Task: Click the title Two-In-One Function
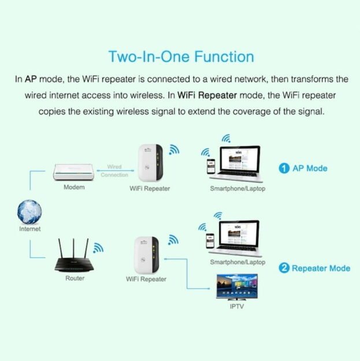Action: tap(181, 57)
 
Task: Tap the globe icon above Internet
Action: tap(29, 212)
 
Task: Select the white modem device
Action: tap(74, 172)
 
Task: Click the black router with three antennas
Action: tap(75, 259)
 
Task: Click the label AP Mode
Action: tap(310, 169)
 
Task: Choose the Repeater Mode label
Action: tap(321, 268)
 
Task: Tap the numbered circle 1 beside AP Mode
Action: tap(284, 169)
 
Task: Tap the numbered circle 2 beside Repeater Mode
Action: tap(284, 268)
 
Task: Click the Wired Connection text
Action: tap(114, 170)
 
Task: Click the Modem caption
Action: tap(74, 187)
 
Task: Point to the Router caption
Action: tap(75, 278)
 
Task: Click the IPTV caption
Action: tap(236, 306)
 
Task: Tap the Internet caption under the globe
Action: tap(29, 229)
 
